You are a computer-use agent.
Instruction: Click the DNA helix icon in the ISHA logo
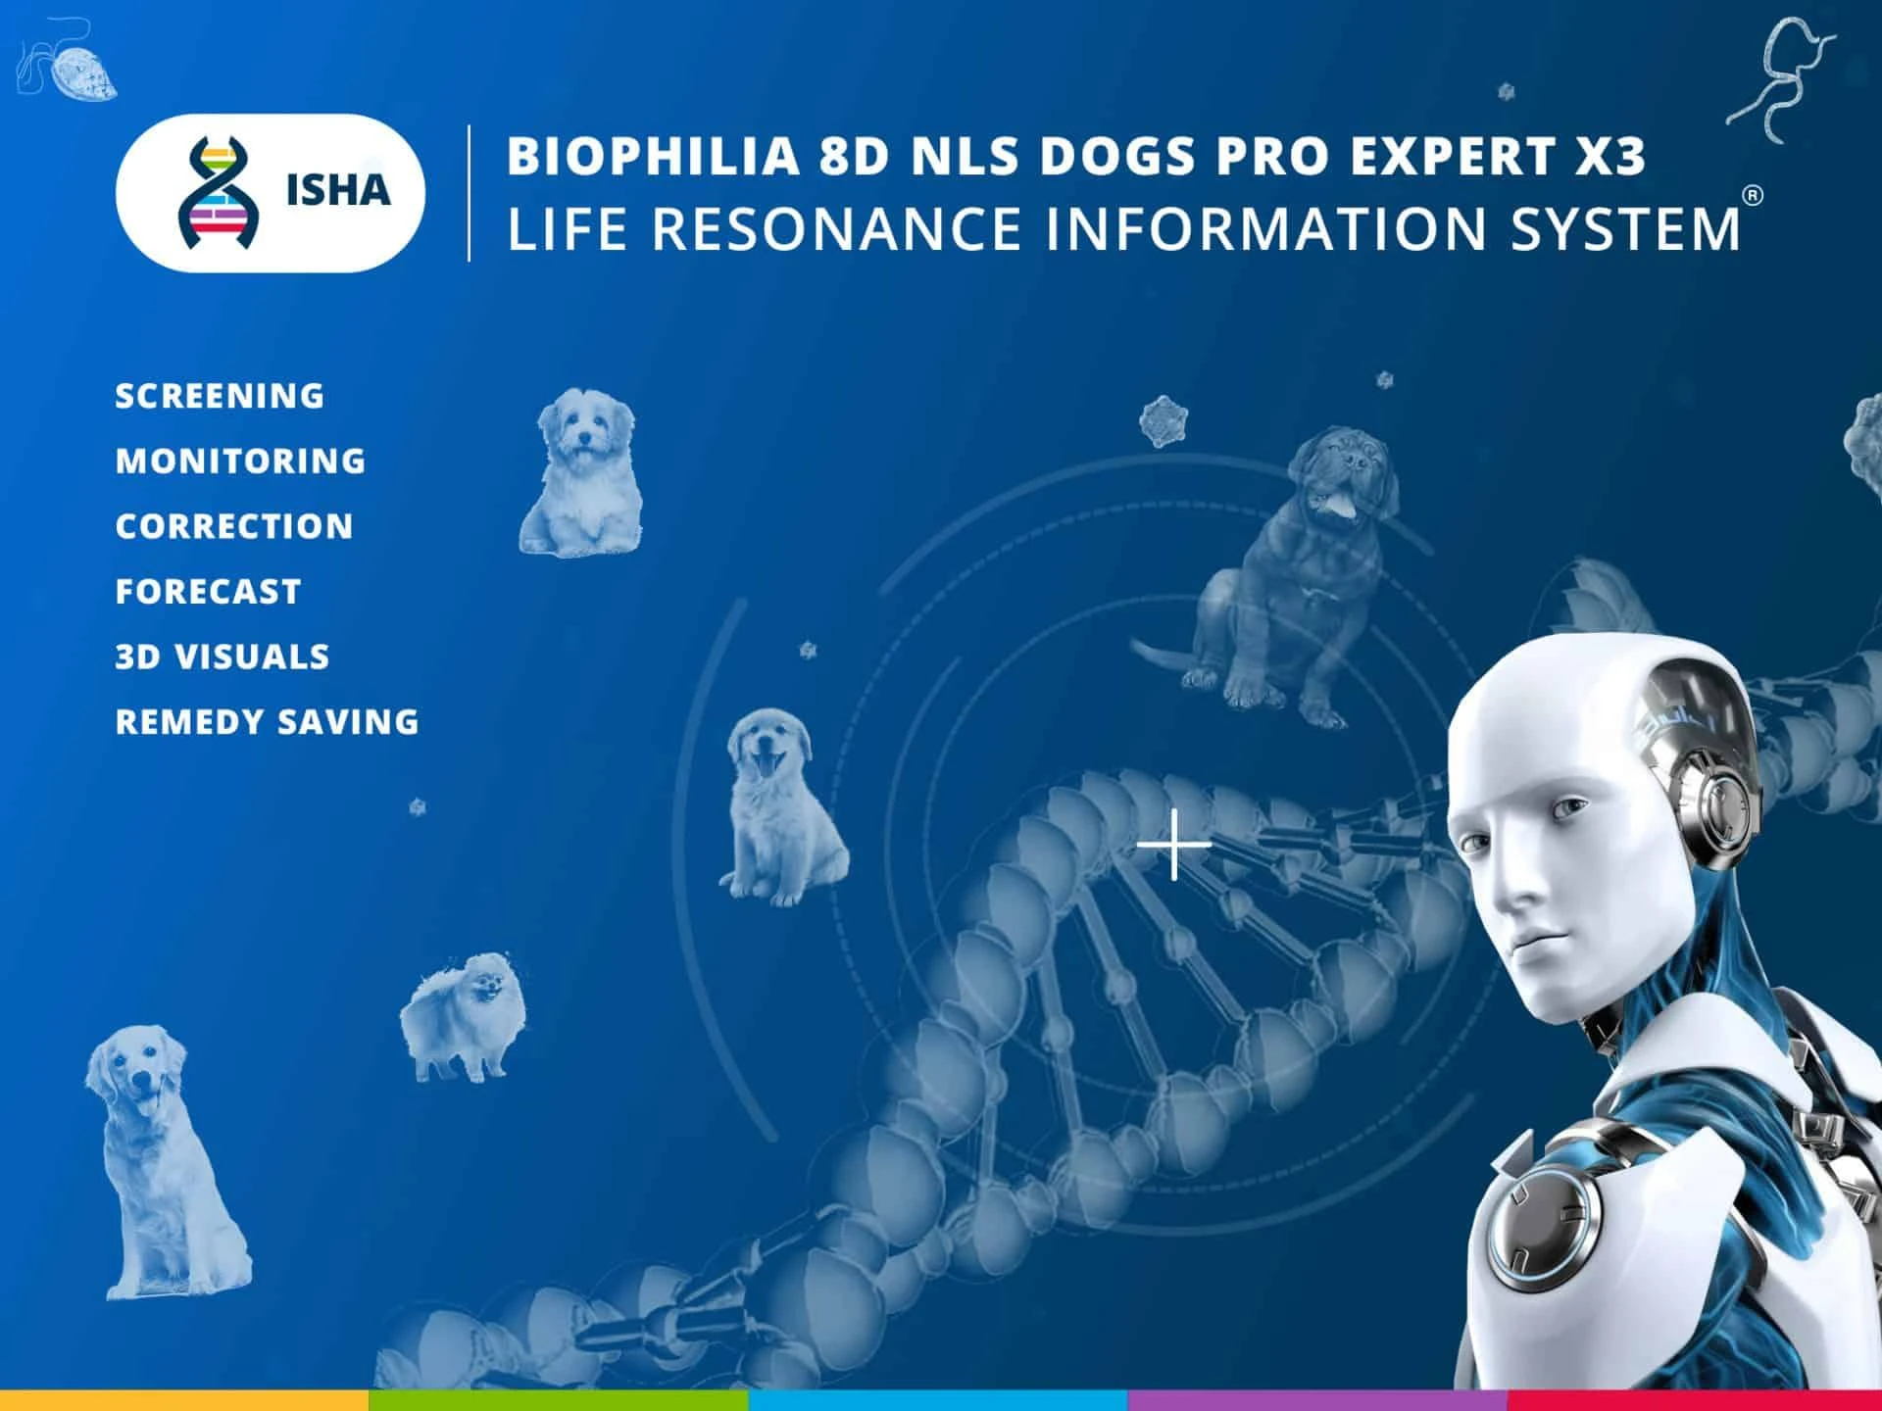pos(219,192)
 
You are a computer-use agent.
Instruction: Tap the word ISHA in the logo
pos(338,190)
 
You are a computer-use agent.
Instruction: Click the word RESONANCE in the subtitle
pos(837,228)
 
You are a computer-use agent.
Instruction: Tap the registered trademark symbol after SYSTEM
pos(1754,195)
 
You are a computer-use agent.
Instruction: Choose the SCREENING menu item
pos(220,396)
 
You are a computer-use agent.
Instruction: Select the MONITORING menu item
pos(240,461)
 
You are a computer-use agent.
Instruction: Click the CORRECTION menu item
pos(234,526)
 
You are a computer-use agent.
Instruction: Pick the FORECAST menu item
pos(208,592)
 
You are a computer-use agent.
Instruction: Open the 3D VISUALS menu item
pos(223,657)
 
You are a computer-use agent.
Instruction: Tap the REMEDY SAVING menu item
pos(267,722)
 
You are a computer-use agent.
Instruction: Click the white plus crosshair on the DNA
pos(1174,844)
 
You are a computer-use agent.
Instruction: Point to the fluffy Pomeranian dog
pos(464,1016)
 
